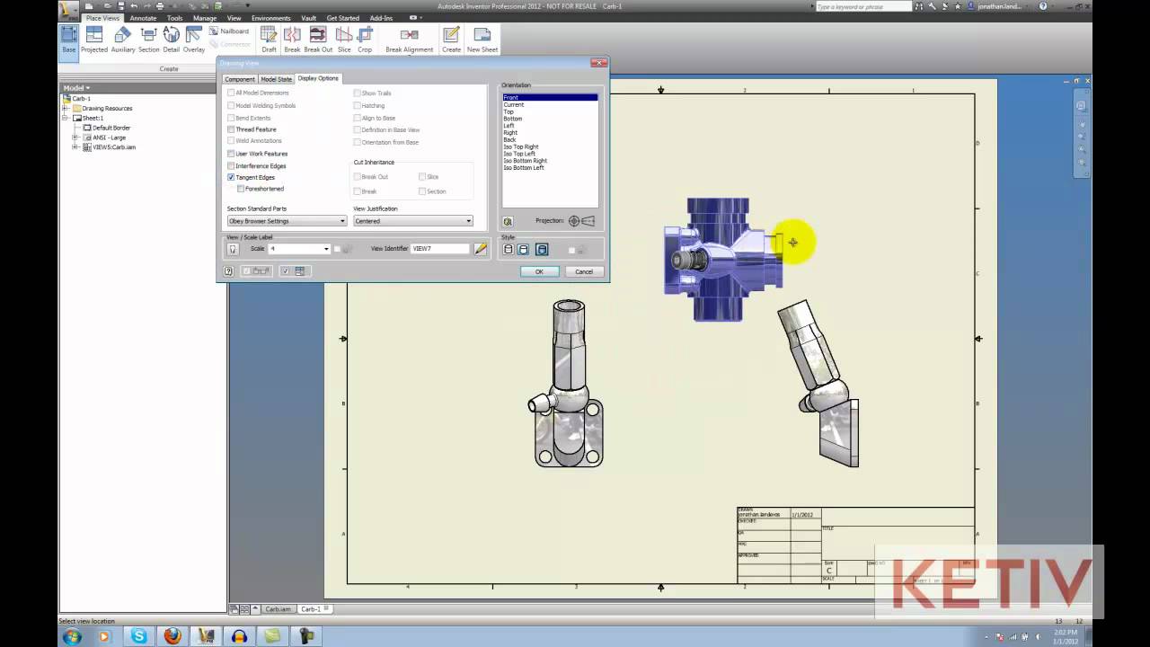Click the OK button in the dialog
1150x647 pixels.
click(539, 271)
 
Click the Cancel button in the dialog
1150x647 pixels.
click(584, 271)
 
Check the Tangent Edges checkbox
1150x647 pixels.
click(231, 178)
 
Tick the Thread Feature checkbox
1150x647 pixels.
click(231, 129)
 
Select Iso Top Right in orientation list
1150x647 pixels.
click(521, 146)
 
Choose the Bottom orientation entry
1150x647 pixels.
click(512, 119)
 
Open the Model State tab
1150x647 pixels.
click(276, 79)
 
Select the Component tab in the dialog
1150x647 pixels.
click(240, 79)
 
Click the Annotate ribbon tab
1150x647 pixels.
click(142, 18)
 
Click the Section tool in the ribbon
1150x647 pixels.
click(148, 39)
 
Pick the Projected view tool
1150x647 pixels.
click(94, 39)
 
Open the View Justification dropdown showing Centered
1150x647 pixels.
click(412, 221)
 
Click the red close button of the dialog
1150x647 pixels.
click(598, 63)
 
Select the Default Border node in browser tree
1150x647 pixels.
click(111, 128)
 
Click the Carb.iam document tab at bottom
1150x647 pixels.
click(278, 609)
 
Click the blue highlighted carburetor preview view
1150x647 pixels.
click(719, 259)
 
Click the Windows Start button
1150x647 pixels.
click(72, 636)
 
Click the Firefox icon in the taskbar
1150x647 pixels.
click(172, 636)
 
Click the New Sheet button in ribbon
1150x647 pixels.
click(482, 39)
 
